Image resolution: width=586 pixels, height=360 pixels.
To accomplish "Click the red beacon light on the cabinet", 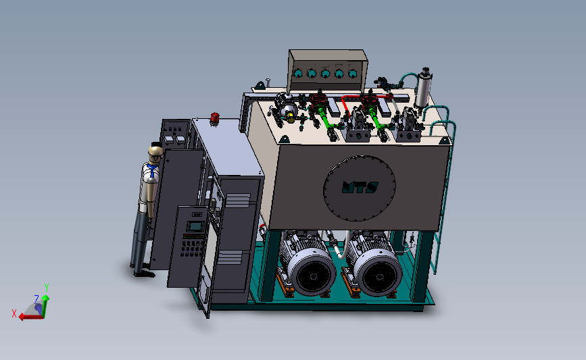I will pyautogui.click(x=216, y=119).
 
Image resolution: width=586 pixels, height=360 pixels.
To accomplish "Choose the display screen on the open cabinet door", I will pyautogui.click(x=195, y=226).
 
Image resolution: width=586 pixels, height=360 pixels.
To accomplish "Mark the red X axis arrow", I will pyautogui.click(x=28, y=316).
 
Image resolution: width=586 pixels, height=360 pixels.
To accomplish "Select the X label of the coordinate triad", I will pyautogui.click(x=14, y=313).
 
